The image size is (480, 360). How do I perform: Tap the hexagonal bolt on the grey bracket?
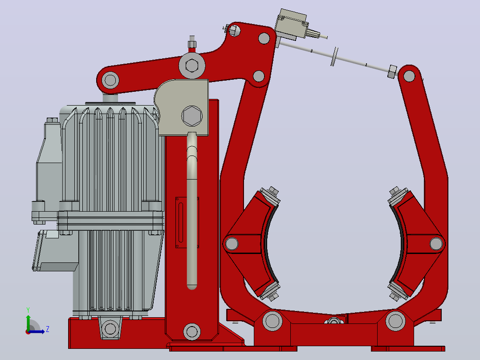[192, 116]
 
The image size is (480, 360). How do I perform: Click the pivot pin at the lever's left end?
[110, 80]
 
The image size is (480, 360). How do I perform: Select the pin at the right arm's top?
[409, 76]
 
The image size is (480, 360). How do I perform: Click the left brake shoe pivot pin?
[232, 244]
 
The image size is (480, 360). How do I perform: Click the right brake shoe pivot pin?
[436, 244]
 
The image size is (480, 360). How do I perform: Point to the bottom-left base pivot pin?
[272, 321]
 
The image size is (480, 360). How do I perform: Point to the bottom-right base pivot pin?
[395, 321]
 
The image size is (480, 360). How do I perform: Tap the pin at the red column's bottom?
[192, 331]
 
